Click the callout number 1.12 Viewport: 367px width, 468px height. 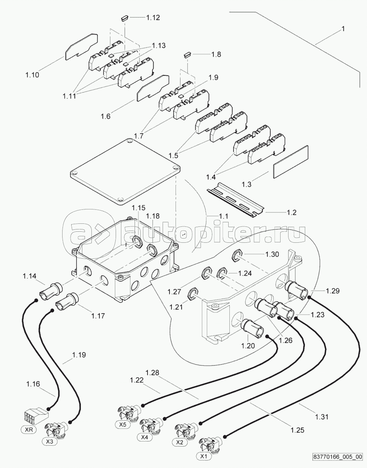point(153,17)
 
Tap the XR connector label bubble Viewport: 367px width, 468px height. point(29,423)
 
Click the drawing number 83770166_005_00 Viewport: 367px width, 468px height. point(338,462)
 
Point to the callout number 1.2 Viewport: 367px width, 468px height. point(292,212)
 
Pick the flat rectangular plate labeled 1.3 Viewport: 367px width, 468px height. point(291,162)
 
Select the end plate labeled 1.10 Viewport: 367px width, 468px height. point(81,47)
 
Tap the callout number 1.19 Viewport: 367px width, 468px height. point(79,355)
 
